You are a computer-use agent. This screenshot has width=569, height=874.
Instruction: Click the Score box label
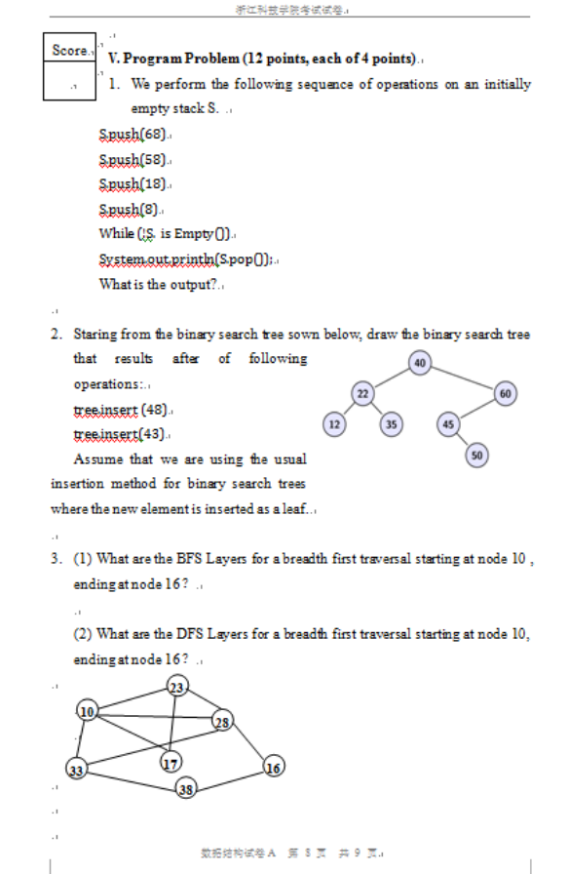[x=69, y=50]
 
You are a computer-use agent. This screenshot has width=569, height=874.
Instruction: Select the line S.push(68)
[x=133, y=134]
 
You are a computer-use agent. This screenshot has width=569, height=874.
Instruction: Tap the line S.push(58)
[x=133, y=159]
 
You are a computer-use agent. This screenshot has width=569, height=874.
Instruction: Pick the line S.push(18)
[x=133, y=183]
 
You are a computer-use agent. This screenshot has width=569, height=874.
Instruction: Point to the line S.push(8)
[x=130, y=209]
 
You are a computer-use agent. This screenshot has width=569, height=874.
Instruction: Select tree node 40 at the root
[x=420, y=363]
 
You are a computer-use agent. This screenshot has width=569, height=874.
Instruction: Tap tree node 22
[x=362, y=393]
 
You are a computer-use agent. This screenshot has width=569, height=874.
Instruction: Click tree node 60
[x=506, y=393]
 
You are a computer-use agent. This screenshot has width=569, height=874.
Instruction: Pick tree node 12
[x=334, y=424]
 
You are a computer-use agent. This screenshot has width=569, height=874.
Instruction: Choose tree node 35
[x=391, y=424]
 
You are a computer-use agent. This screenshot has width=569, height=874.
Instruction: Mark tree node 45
[x=448, y=424]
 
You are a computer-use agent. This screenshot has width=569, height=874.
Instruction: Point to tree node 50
[x=476, y=455]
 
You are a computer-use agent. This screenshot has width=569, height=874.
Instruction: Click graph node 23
[x=177, y=687]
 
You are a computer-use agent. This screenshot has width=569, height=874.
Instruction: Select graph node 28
[x=223, y=722]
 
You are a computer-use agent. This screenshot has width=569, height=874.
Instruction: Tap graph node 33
[x=76, y=770]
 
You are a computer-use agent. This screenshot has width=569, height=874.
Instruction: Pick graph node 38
[x=186, y=789]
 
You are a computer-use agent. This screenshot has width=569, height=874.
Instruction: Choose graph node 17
[x=171, y=763]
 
